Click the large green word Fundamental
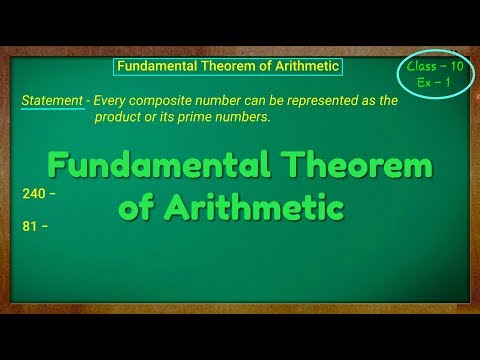point(157,166)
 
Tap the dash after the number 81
point(45,227)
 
